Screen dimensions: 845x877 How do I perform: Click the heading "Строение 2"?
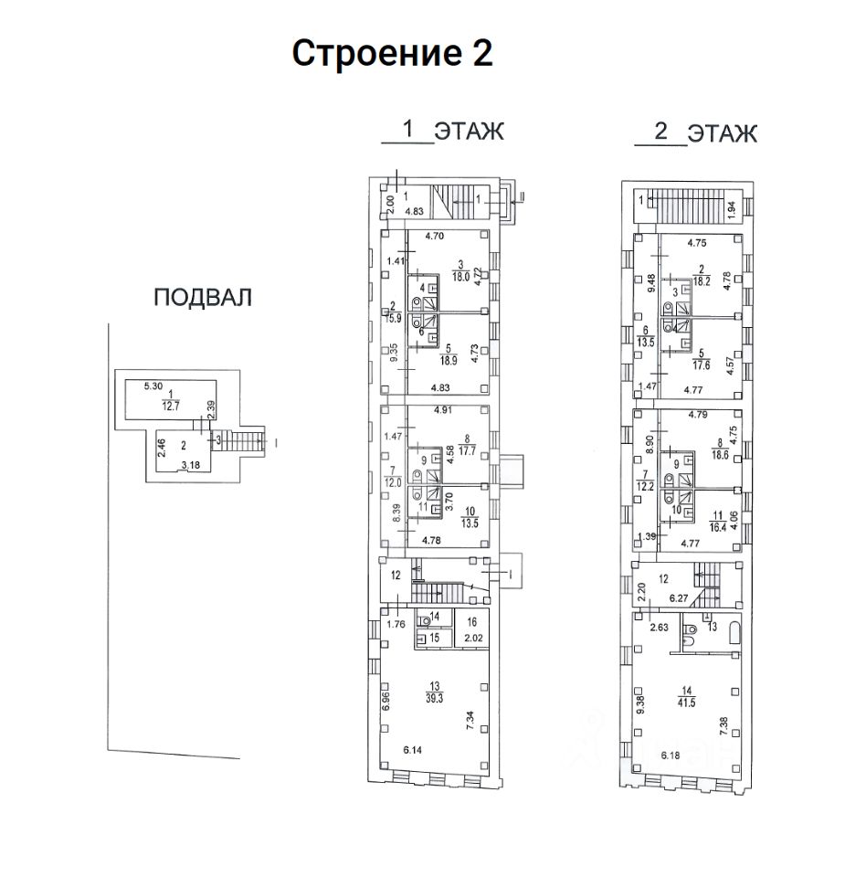tap(392, 53)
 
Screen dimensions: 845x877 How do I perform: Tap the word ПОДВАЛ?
tap(202, 298)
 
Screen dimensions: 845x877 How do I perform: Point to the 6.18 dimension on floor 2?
tap(672, 757)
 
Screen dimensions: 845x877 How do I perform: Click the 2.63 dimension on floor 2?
tap(660, 628)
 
